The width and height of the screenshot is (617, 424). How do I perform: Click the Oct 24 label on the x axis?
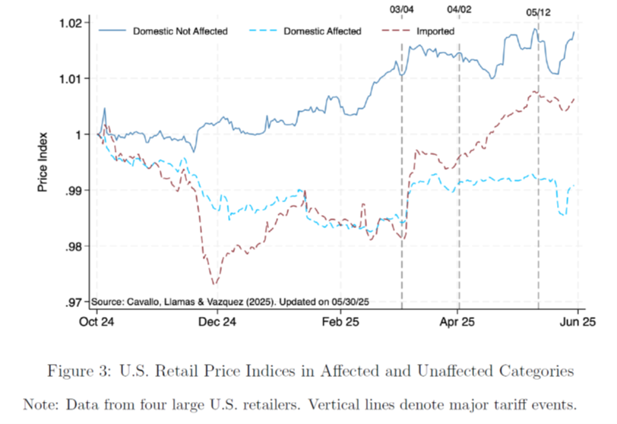97,321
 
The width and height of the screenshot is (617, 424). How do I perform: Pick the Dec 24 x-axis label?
217,321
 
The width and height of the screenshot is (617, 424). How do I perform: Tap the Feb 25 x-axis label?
340,321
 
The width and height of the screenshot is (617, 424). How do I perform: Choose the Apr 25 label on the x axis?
457,321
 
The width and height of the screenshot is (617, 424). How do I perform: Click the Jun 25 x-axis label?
577,321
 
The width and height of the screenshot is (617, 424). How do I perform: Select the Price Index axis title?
43,162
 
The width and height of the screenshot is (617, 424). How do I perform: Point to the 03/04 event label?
402,9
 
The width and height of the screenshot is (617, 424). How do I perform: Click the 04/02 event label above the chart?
459,9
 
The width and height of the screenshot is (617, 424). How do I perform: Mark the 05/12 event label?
538,12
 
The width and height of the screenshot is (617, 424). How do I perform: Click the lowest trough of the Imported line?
214,284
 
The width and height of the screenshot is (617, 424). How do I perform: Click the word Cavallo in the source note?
141,302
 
